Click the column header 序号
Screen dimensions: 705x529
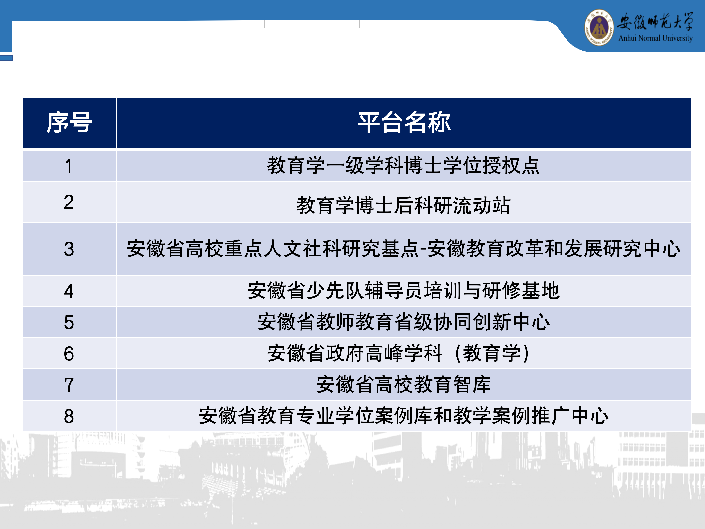click(69, 123)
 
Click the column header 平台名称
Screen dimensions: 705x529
click(404, 123)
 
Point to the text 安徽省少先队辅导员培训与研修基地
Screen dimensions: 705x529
click(404, 290)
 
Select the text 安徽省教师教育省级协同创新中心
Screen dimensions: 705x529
click(404, 322)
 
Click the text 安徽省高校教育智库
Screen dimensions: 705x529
click(404, 384)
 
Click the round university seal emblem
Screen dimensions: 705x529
click(599, 27)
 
